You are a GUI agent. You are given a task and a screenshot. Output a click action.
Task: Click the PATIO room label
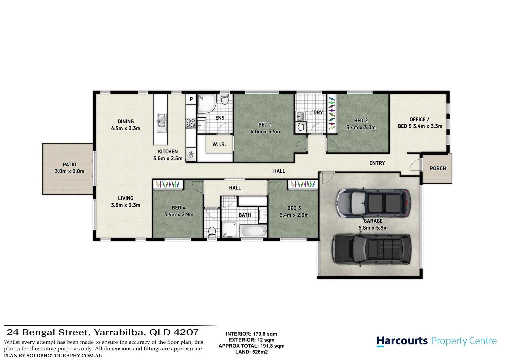click(69, 165)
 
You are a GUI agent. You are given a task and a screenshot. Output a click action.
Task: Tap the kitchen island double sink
click(161, 120)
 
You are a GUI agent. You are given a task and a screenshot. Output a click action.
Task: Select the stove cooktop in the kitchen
click(191, 123)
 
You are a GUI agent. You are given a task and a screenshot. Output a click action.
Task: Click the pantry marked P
click(191, 99)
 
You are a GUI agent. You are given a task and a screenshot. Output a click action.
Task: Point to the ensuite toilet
click(225, 99)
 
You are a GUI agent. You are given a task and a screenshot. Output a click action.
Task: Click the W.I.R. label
click(219, 144)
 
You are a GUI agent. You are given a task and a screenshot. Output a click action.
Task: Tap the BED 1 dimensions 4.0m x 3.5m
click(265, 132)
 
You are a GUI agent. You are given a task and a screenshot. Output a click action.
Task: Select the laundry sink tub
click(301, 116)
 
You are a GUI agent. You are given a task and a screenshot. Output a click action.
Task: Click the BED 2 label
click(361, 120)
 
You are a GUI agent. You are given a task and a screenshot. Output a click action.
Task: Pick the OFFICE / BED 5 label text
click(420, 123)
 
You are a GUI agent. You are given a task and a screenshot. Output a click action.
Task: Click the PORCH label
click(438, 168)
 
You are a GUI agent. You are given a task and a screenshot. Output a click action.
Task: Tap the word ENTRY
click(377, 163)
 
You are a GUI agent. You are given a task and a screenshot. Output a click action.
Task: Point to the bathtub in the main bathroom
click(254, 231)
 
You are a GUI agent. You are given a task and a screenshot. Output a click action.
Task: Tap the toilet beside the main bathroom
click(212, 231)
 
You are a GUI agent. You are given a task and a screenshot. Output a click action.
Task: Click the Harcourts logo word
click(402, 341)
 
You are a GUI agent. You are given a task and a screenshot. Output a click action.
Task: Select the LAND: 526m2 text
click(251, 352)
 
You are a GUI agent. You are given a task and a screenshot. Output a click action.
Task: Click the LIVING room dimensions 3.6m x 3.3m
click(125, 205)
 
